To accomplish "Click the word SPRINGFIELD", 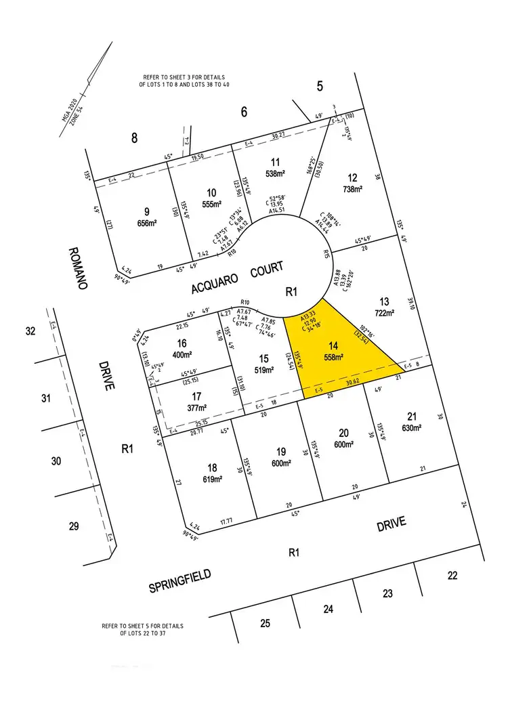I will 180,581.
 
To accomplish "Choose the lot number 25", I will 266,622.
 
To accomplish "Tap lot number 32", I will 30,331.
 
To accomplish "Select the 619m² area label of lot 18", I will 212,480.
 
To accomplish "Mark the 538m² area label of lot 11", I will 275,173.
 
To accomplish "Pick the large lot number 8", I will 134,139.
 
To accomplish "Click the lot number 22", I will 452,575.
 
